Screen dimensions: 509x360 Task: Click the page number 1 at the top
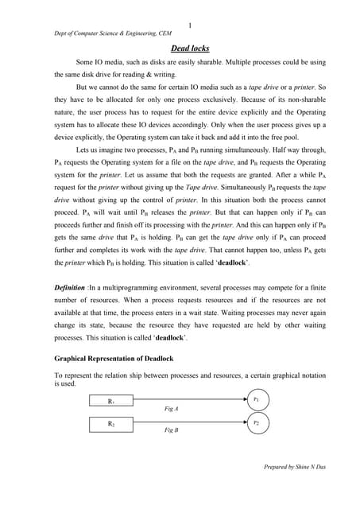point(189,25)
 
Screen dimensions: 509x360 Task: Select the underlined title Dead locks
point(189,49)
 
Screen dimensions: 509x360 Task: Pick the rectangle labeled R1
point(110,402)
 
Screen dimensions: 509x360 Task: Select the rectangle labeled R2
point(110,425)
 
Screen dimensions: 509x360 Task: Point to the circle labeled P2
point(256,423)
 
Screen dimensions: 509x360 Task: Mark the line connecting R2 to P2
point(191,425)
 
